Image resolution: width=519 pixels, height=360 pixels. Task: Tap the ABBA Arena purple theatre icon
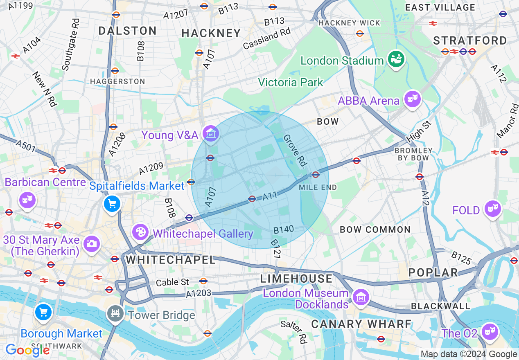(413, 99)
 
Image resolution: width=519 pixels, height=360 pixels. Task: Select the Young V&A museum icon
(210, 134)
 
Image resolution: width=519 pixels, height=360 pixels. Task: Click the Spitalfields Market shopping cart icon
(112, 203)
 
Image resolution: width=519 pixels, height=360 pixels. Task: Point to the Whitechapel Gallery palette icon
(140, 232)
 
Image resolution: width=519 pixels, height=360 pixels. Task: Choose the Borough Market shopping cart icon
(43, 312)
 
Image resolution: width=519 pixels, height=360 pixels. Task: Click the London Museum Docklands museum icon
(361, 297)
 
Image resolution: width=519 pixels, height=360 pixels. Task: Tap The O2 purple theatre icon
(489, 331)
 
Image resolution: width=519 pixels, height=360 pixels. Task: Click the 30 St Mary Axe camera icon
(91, 244)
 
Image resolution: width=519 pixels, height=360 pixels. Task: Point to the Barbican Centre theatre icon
(27, 200)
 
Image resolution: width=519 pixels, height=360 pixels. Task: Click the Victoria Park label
(290, 82)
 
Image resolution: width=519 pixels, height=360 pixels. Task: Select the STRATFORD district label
(470, 40)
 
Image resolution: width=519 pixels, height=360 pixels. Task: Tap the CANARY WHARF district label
(361, 324)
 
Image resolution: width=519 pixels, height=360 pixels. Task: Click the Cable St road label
(173, 282)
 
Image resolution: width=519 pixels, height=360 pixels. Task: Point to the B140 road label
(283, 229)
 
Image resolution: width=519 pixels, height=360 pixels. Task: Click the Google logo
(27, 350)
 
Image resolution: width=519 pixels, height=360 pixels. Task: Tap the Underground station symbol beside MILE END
(315, 175)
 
